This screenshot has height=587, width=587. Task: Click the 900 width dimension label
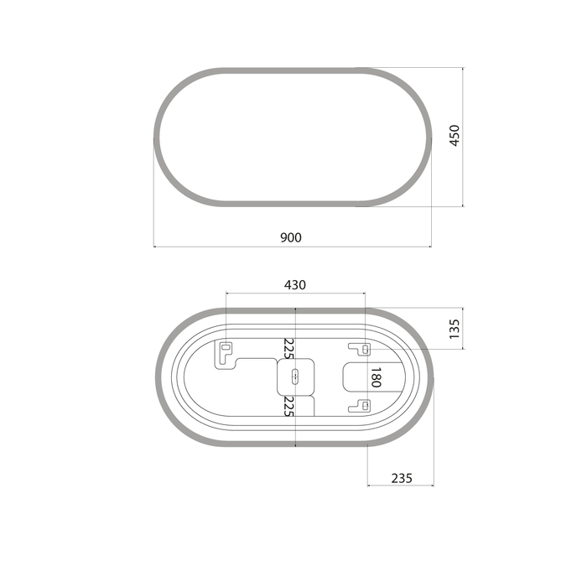click(291, 237)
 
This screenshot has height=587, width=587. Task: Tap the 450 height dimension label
click(455, 136)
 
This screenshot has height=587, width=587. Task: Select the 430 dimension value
click(295, 285)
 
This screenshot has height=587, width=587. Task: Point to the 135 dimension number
click(455, 329)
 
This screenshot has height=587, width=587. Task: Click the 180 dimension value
click(376, 377)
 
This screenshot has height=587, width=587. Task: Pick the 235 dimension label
click(402, 478)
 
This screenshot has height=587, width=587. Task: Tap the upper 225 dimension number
click(289, 348)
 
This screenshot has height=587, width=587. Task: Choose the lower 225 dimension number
click(289, 406)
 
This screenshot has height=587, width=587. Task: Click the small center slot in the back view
click(295, 377)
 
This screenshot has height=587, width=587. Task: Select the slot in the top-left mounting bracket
click(226, 347)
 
